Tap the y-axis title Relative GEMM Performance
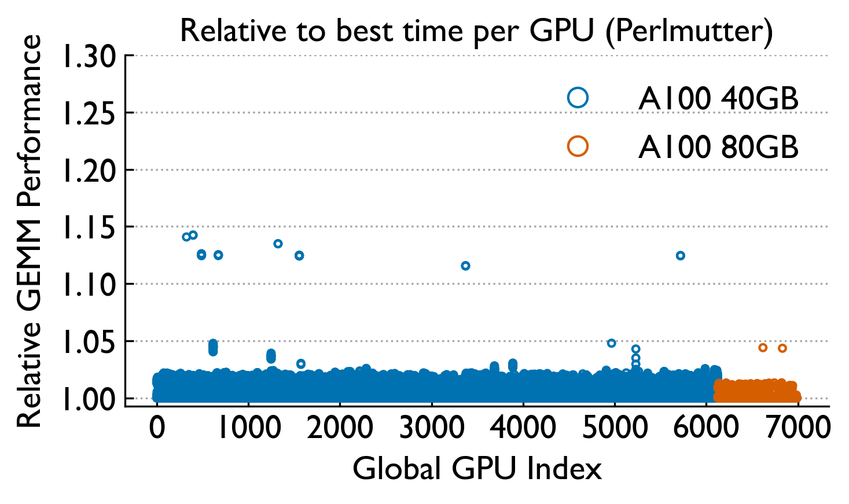coord(29,231)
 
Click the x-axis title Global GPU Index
coord(477,468)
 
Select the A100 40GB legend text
coord(718,99)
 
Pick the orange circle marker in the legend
coord(578,146)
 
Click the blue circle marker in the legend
coord(578,98)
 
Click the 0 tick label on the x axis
coord(157,428)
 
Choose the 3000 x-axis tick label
coord(432,428)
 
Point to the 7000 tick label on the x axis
coord(798,428)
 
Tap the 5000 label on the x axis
coord(615,428)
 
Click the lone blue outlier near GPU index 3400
coord(465,266)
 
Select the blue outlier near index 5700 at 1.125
coord(681,255)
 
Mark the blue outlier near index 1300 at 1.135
coord(278,244)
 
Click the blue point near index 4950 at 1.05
coord(612,343)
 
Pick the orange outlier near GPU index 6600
coord(763,348)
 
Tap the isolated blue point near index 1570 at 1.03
coord(301,364)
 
